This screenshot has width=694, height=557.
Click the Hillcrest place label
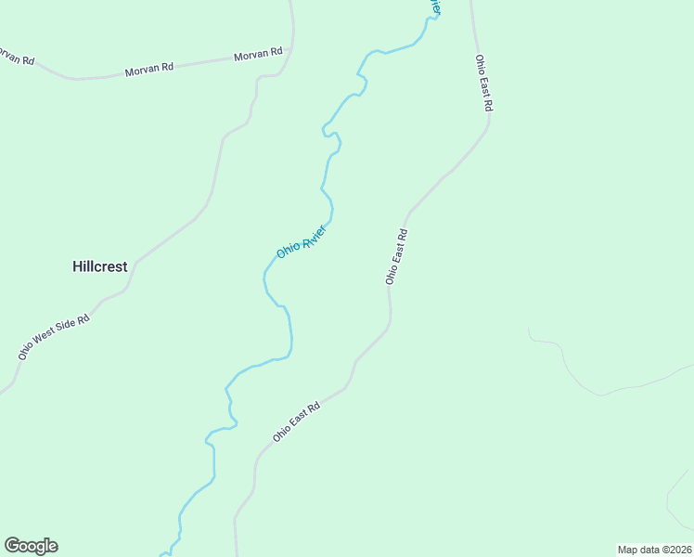tap(99, 266)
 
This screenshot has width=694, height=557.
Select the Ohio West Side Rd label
tap(54, 337)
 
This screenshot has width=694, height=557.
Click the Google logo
tap(31, 546)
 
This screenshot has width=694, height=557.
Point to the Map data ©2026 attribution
tap(654, 550)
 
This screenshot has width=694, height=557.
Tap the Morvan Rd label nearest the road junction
tap(258, 55)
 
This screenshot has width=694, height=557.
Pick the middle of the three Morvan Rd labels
tap(149, 68)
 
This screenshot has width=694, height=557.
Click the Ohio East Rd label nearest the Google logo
tap(296, 421)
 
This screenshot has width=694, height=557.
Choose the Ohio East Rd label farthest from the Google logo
tap(482, 84)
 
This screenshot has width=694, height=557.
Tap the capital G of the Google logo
tap(12, 546)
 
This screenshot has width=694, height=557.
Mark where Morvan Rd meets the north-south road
tap(291, 48)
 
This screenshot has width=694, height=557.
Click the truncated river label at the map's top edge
tap(434, 6)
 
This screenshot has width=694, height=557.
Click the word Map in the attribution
tap(628, 550)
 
